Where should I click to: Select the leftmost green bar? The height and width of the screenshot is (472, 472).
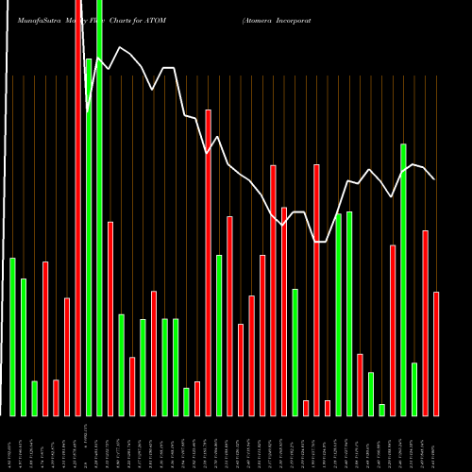point(13,336)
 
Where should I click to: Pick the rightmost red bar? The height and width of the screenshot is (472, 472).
point(436,353)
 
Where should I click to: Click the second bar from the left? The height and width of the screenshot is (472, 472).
point(24,346)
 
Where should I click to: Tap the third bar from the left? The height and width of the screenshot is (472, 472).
point(35,397)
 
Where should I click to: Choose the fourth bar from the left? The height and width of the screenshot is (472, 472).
point(45,338)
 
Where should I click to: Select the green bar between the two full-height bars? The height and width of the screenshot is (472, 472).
point(89,236)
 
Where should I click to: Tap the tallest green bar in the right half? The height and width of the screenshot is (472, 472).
point(403,279)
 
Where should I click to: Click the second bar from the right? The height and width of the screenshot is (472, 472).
point(425,322)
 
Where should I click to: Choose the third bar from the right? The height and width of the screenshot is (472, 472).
point(414,389)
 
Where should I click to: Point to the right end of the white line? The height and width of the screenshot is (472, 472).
point(434,178)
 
